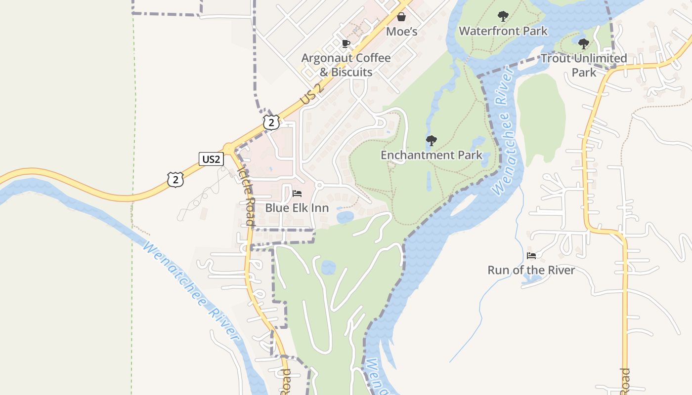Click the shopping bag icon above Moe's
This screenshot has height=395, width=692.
point(401,17)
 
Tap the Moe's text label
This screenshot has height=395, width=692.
point(401,32)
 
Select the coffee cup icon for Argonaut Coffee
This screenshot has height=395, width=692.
point(346,44)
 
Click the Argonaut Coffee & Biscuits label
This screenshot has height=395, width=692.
point(346,65)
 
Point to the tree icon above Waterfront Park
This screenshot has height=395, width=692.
point(503,16)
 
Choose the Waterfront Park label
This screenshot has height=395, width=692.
point(503,31)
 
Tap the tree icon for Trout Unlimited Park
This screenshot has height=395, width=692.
point(584,44)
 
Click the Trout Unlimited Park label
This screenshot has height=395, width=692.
point(584,65)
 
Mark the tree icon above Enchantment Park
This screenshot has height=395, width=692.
point(432,141)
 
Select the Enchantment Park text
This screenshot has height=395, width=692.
point(432,155)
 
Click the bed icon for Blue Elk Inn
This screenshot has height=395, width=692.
point(297,193)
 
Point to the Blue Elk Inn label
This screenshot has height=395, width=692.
point(297,208)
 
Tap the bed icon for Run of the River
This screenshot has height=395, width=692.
point(531,256)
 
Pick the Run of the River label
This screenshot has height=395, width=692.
point(531,270)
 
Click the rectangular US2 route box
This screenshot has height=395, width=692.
point(211,159)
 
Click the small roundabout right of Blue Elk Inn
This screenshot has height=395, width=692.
point(319,185)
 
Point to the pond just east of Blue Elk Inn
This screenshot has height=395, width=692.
point(344,216)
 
